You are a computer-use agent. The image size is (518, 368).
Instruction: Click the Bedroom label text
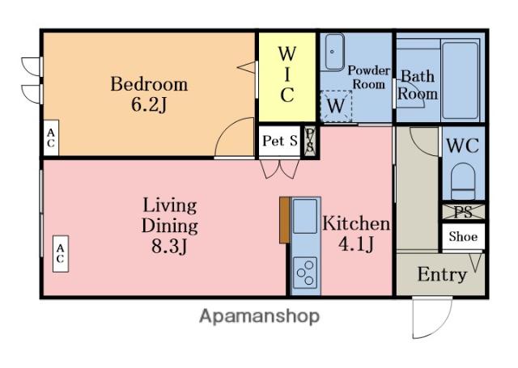(149, 84)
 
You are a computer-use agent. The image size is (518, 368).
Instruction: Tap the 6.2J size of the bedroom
(149, 104)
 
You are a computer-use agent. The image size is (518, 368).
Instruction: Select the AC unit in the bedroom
(51, 137)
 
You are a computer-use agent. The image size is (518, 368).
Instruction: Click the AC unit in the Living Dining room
(61, 253)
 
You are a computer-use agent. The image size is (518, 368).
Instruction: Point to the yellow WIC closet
(287, 77)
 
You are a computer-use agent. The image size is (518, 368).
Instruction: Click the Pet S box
(279, 142)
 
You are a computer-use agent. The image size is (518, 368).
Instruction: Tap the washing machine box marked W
(336, 106)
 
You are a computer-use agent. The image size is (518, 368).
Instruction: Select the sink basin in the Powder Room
(334, 52)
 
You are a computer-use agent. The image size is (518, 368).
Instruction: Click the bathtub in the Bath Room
(461, 80)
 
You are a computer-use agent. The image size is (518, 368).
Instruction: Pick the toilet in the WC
(463, 181)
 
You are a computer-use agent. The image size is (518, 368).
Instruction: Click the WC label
(462, 146)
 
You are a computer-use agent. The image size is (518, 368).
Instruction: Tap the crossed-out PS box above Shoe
(463, 212)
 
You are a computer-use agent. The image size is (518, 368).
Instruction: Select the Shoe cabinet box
(463, 237)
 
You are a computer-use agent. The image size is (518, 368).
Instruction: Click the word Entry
(442, 274)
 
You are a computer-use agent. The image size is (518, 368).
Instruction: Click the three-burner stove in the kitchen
(305, 273)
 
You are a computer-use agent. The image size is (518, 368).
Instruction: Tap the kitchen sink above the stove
(305, 216)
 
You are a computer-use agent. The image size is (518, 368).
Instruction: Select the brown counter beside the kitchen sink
(284, 220)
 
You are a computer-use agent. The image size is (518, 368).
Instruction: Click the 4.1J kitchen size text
(356, 244)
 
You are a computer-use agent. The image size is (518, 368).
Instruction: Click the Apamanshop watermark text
(259, 316)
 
